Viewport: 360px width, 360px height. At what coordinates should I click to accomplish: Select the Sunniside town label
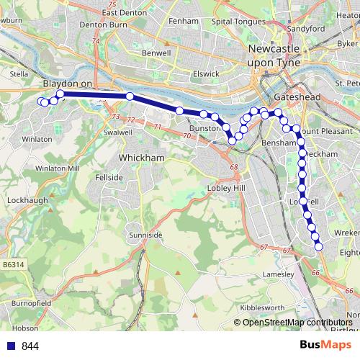pos(142,235)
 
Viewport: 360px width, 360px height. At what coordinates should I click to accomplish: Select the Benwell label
pos(156,53)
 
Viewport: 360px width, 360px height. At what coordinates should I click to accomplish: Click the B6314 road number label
pos(13,265)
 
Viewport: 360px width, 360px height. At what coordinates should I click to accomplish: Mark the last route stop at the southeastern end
pos(318,248)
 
